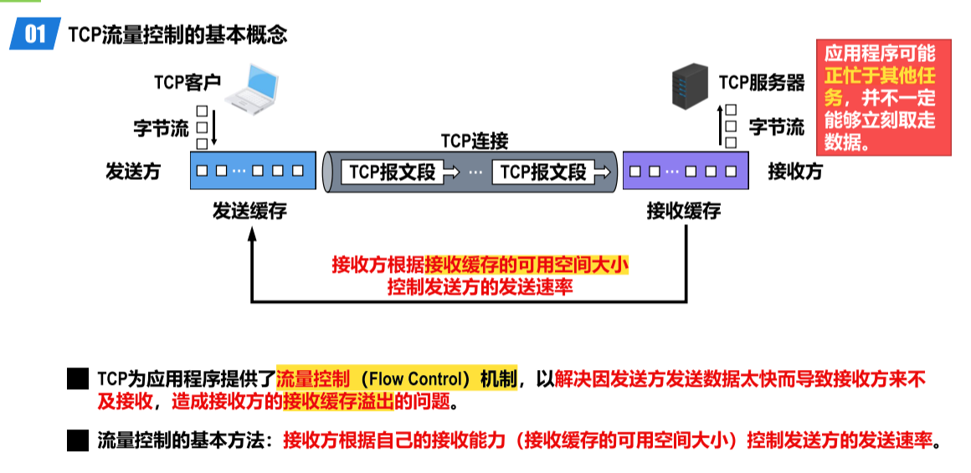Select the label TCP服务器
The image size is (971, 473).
(x=762, y=83)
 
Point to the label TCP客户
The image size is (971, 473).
(x=187, y=82)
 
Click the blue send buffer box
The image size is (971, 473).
(x=253, y=172)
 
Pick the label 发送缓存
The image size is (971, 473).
(x=249, y=212)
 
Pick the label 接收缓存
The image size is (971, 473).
(x=684, y=212)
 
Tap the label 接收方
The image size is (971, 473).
(x=795, y=172)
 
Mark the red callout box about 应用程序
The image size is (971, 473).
(x=884, y=97)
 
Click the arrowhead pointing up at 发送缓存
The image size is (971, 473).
(x=252, y=237)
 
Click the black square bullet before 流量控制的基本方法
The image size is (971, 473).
(x=78, y=440)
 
